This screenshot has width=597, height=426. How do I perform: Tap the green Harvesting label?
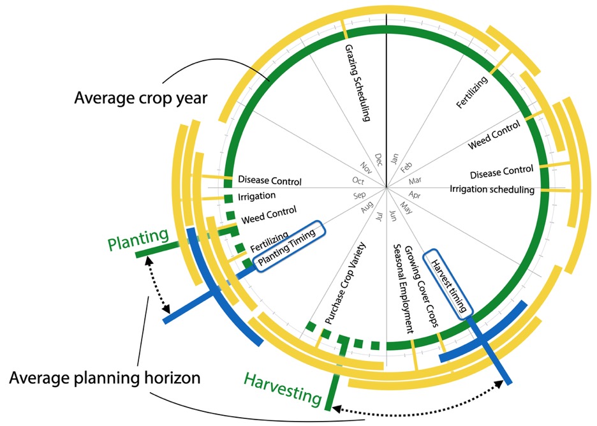point(281,388)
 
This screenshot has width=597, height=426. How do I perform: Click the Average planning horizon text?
point(105,378)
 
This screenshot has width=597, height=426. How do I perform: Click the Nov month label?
point(367,168)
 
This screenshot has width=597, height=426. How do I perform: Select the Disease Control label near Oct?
point(270,182)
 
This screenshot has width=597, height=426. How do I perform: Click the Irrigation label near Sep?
point(256,196)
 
